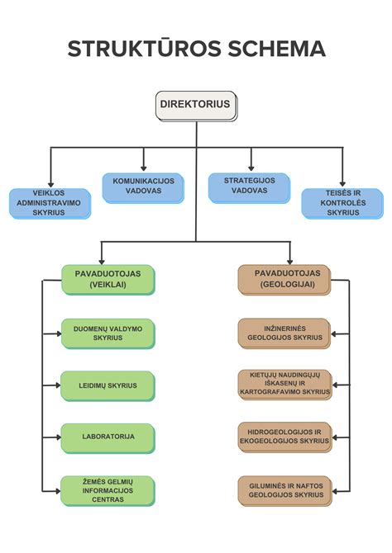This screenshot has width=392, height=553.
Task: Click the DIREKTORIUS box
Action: click(196, 106)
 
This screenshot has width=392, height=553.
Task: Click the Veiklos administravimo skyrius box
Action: click(50, 202)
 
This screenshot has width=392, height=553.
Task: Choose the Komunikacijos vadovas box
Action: click(143, 187)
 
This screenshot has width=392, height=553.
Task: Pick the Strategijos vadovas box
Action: click(249, 187)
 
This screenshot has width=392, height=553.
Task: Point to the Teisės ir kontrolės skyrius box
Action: click(342, 202)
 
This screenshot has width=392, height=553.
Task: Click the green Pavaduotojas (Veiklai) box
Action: click(108, 278)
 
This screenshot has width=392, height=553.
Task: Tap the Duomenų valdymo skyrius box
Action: click(108, 333)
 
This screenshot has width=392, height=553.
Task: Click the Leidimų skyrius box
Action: click(108, 385)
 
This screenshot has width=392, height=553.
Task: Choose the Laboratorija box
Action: click(108, 435)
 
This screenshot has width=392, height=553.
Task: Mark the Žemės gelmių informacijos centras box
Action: click(108, 489)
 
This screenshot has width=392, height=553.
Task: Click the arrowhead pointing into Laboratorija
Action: click(58, 436)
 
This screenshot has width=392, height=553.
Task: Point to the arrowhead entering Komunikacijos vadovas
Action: click(143, 168)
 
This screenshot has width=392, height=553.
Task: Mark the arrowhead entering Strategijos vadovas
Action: click(249, 168)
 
